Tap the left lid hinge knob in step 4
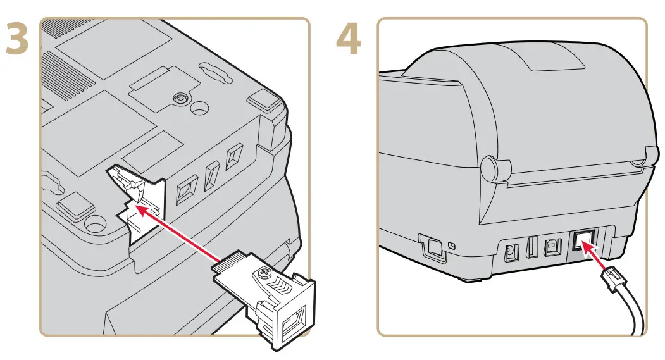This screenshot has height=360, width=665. pyautogui.click(x=490, y=168)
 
